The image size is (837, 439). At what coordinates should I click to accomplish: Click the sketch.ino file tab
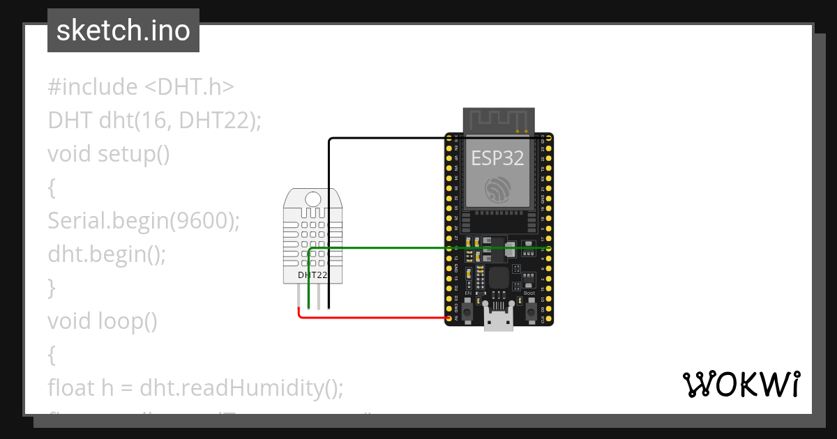[123, 31]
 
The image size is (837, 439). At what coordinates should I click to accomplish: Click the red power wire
[377, 317]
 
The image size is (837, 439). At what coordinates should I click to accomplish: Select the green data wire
[418, 247]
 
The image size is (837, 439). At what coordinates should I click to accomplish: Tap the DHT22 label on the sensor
[312, 275]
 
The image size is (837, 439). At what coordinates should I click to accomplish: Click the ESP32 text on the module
[497, 157]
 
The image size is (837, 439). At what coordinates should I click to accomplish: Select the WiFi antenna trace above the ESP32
[499, 120]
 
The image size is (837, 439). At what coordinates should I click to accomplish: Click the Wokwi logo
[741, 385]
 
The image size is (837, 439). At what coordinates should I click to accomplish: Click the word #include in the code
[93, 87]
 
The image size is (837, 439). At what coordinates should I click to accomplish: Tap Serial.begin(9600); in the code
[144, 221]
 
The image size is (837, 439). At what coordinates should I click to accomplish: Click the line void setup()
[109, 153]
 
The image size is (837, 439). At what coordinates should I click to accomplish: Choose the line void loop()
[103, 321]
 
